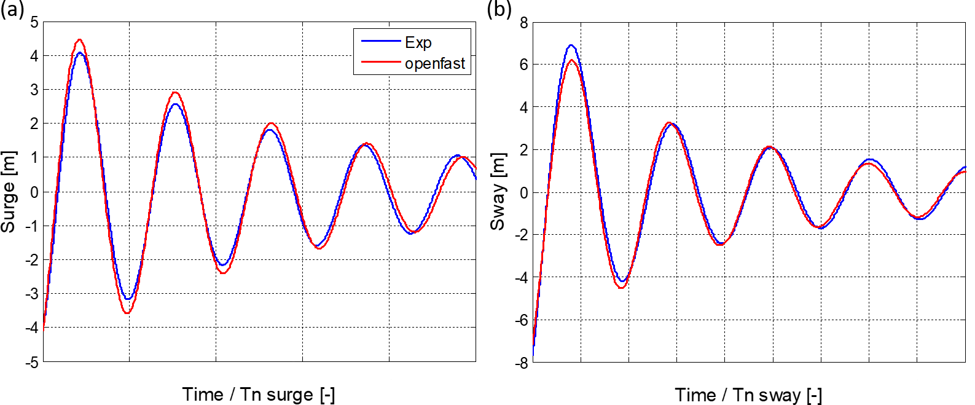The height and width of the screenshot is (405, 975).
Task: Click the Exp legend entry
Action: tap(418, 42)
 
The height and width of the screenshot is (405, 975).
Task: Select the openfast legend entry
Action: tap(434, 63)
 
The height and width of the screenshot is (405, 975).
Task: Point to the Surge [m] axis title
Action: tap(9, 192)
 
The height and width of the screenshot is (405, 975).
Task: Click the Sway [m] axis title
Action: tap(497, 192)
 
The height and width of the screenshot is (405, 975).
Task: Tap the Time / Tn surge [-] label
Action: tap(259, 395)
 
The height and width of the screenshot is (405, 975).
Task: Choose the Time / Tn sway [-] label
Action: tap(748, 395)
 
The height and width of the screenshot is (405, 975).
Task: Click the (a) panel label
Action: tap(12, 9)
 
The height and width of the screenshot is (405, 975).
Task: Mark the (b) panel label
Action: tap(499, 9)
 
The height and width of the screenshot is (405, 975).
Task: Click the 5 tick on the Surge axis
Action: tap(34, 23)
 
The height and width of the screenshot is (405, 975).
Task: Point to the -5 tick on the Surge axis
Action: tap(32, 362)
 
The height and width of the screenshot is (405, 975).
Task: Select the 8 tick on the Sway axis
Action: tap(523, 23)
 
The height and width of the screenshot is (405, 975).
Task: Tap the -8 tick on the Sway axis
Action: tap(521, 363)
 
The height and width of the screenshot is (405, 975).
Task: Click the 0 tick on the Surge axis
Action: tap(34, 192)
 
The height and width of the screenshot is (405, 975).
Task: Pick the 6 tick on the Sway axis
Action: tap(523, 65)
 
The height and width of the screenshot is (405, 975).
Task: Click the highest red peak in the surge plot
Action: tap(80, 40)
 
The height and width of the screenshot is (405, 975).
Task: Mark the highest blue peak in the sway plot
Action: tap(571, 45)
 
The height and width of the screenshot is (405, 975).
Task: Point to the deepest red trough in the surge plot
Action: tap(127, 313)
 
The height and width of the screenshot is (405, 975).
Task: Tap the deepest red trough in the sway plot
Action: tap(622, 288)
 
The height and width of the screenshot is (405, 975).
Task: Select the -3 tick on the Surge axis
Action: tap(32, 294)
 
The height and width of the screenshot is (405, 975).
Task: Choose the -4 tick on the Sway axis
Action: tap(521, 278)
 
